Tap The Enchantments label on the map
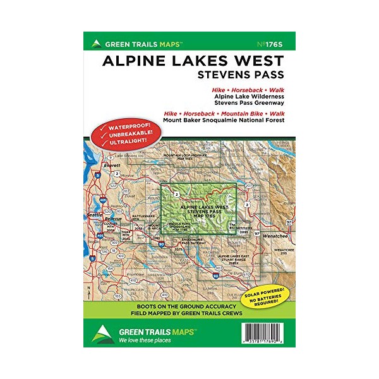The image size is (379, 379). click(241, 228)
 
